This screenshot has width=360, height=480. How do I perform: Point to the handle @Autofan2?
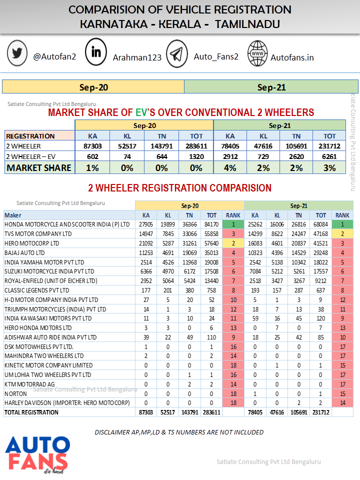point(54,56)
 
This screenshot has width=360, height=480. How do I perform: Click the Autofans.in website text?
point(292,57)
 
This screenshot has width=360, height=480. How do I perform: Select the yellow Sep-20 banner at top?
point(93,87)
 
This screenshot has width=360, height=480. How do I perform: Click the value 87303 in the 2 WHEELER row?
point(92,146)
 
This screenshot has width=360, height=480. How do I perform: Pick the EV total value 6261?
point(329,156)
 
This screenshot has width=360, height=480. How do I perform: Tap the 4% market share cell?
point(230,168)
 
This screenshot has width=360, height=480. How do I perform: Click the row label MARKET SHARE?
point(39,168)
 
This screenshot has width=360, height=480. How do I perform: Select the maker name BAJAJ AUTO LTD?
point(27,252)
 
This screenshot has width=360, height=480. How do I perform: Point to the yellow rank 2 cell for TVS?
point(342,233)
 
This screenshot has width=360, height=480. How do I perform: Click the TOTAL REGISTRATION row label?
point(31,412)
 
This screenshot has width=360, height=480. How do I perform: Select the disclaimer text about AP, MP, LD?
point(179,432)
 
